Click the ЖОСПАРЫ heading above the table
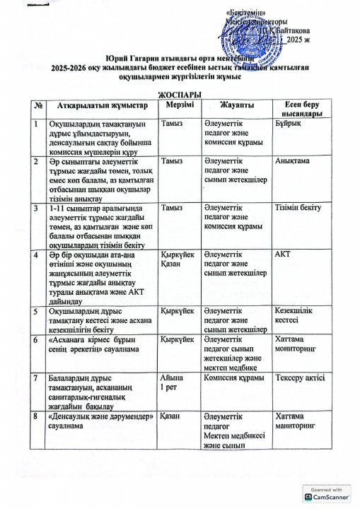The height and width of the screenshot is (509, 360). click(178, 94)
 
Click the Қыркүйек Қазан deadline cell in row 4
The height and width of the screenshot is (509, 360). click(177, 258)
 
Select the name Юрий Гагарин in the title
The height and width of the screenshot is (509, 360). click(126, 57)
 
